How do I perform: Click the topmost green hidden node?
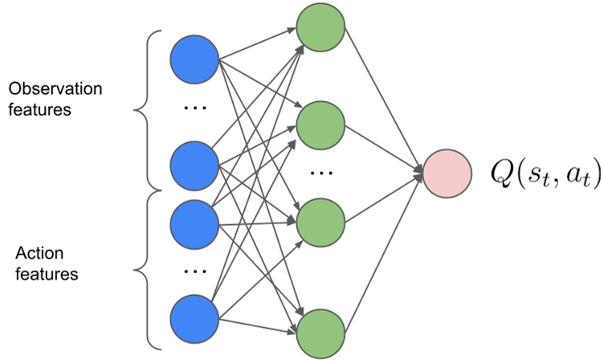click(320, 30)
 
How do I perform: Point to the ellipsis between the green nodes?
click(320, 173)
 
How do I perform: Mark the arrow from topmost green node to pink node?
click(382, 100)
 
